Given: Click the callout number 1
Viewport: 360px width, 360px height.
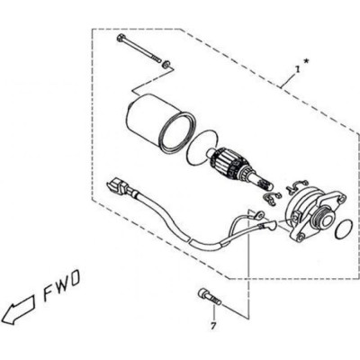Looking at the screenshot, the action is [297, 69].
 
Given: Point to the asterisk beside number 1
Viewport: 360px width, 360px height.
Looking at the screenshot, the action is [306, 62].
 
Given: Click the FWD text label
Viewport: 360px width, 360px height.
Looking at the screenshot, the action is [62, 283].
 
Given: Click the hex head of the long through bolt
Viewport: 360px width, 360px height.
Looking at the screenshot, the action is [121, 39].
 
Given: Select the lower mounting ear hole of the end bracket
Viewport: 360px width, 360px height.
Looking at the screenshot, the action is [300, 237].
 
